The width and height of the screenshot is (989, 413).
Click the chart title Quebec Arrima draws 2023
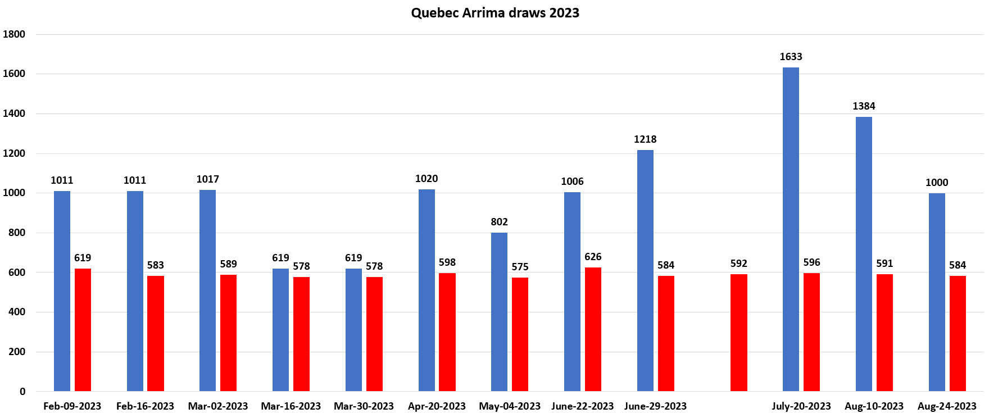[494, 13]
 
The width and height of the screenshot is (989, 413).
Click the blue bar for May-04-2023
[499, 312]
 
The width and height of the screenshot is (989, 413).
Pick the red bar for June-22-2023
[593, 329]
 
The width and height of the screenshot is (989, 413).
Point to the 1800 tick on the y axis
[14, 34]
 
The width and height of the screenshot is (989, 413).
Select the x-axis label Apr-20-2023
[437, 406]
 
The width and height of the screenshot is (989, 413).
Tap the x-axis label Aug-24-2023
[947, 406]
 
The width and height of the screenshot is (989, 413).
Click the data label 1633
[791, 57]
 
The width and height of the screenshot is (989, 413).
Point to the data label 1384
[864, 106]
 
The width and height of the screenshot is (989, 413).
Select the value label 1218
[645, 139]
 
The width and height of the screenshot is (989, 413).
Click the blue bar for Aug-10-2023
[864, 254]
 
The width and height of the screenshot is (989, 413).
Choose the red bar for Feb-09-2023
[83, 330]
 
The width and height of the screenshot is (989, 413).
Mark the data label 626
[593, 257]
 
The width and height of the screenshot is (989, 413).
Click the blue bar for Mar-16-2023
[280, 330]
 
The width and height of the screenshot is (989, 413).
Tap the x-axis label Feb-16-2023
[145, 406]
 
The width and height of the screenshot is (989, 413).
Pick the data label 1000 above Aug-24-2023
[937, 183]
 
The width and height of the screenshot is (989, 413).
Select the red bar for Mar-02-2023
[228, 333]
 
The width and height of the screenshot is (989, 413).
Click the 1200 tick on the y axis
[14, 153]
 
